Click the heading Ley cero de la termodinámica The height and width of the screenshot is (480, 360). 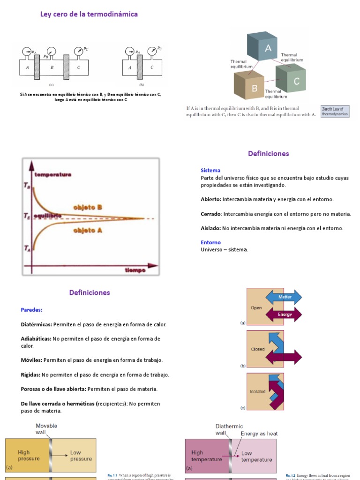pyautogui.click(x=89, y=15)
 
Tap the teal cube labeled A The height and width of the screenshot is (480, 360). pyautogui.click(x=268, y=47)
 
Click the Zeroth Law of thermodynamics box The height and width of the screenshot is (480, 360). pyautogui.click(x=335, y=112)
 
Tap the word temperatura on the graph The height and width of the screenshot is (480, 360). pyautogui.click(x=52, y=174)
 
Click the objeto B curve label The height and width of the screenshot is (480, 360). pyautogui.click(x=88, y=207)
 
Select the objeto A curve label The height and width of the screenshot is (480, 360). pyautogui.click(x=88, y=230)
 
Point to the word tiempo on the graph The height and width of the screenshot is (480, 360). pyautogui.click(x=135, y=270)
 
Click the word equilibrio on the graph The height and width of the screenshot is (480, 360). pyautogui.click(x=47, y=215)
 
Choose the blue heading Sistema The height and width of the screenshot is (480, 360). pyautogui.click(x=210, y=171)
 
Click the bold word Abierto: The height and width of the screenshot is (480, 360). pyautogui.click(x=211, y=199)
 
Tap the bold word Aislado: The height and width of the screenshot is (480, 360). pyautogui.click(x=211, y=228)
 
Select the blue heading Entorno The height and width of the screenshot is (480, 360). pyautogui.click(x=210, y=243)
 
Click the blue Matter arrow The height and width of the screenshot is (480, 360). pyautogui.click(x=284, y=297)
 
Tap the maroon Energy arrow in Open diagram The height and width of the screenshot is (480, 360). pyautogui.click(x=284, y=315)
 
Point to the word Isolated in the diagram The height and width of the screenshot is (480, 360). pyautogui.click(x=257, y=391)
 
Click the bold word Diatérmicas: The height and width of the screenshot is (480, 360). pyautogui.click(x=37, y=324)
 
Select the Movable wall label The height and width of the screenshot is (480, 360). pyautogui.click(x=47, y=428)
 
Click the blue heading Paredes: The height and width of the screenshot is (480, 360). pyautogui.click(x=32, y=310)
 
